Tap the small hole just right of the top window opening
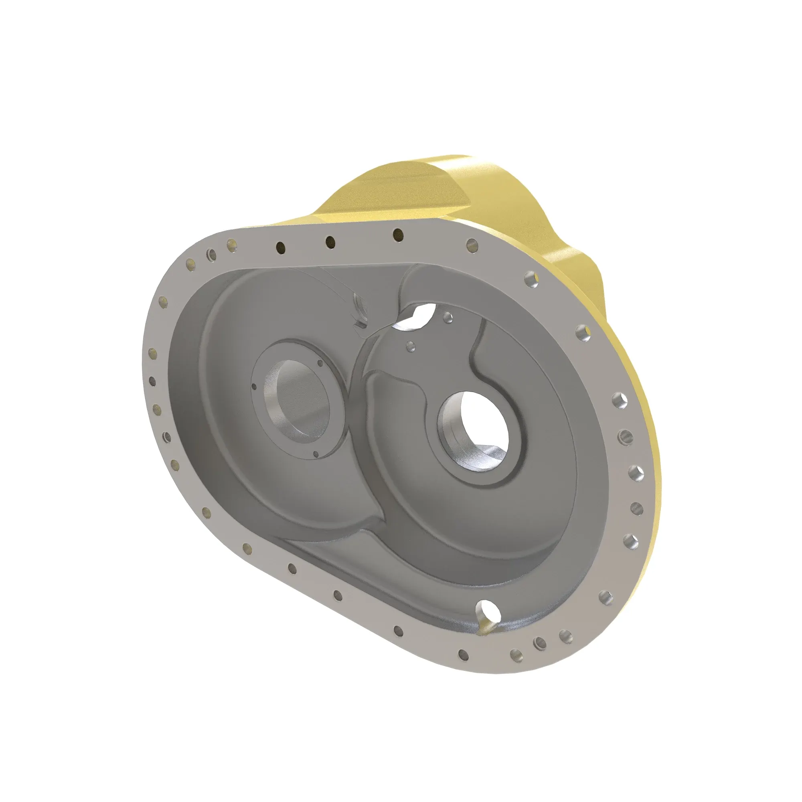coord(448,318)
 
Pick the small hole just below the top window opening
coord(411,345)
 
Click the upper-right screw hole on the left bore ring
coord(320,363)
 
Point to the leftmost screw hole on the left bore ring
coord(254,387)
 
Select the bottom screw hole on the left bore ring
coord(316,455)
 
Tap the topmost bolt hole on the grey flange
coord(398,235)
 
